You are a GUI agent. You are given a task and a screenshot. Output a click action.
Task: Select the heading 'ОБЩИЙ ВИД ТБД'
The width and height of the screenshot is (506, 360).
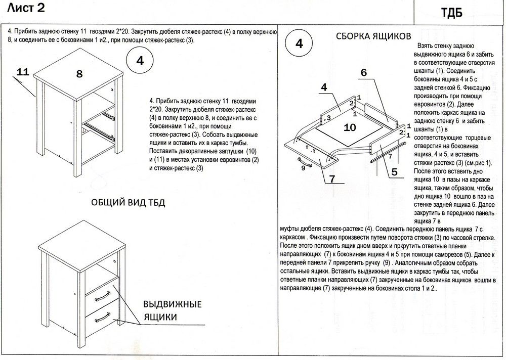point(128,203)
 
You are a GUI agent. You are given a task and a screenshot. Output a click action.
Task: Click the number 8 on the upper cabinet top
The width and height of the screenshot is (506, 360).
point(79,74)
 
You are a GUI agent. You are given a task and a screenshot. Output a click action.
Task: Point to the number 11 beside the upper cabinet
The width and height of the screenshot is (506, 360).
point(22,72)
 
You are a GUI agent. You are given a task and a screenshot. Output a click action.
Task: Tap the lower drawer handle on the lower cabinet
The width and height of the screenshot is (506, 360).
point(103,318)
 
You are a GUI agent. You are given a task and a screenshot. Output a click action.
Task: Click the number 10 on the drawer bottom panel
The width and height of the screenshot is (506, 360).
point(350,127)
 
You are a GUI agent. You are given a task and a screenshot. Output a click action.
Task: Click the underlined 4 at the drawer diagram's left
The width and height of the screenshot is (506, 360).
point(324,86)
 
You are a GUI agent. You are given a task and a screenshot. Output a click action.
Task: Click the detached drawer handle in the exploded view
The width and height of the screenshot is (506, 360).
point(303,160)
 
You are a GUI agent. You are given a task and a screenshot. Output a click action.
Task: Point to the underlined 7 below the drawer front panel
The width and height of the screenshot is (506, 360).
point(332,178)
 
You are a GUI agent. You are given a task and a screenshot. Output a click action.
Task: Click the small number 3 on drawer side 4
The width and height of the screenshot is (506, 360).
point(328,118)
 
